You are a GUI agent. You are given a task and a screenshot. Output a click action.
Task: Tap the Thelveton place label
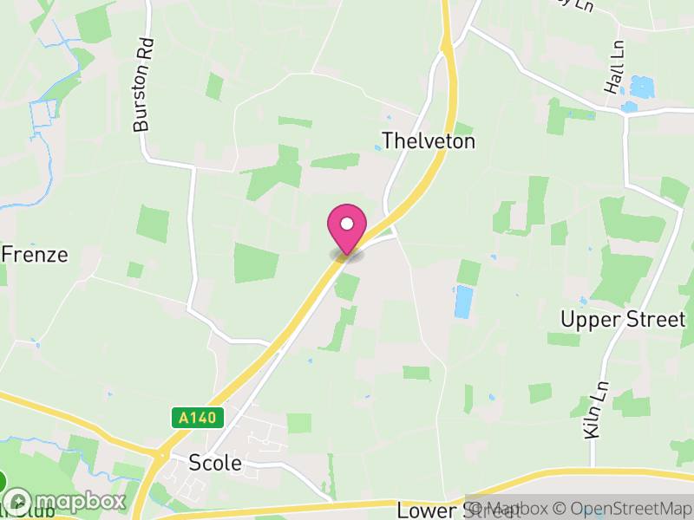click(x=429, y=141)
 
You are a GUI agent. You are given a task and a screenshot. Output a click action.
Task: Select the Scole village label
click(x=215, y=463)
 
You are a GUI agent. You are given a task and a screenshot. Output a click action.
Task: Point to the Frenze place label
click(x=35, y=255)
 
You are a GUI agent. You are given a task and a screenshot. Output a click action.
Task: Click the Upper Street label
click(x=623, y=319)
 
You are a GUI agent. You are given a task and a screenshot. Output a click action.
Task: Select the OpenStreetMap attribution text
click(x=624, y=509)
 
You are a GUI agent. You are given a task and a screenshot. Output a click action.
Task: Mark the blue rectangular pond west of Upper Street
click(x=464, y=302)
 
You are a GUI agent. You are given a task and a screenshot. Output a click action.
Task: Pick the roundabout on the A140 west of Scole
click(x=160, y=454)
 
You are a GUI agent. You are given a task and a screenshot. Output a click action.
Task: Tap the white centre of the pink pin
click(x=347, y=224)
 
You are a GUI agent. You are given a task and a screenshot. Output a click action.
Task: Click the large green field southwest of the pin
click(x=256, y=263)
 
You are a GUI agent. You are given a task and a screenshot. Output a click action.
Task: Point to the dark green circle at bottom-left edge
click(x=3, y=482)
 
